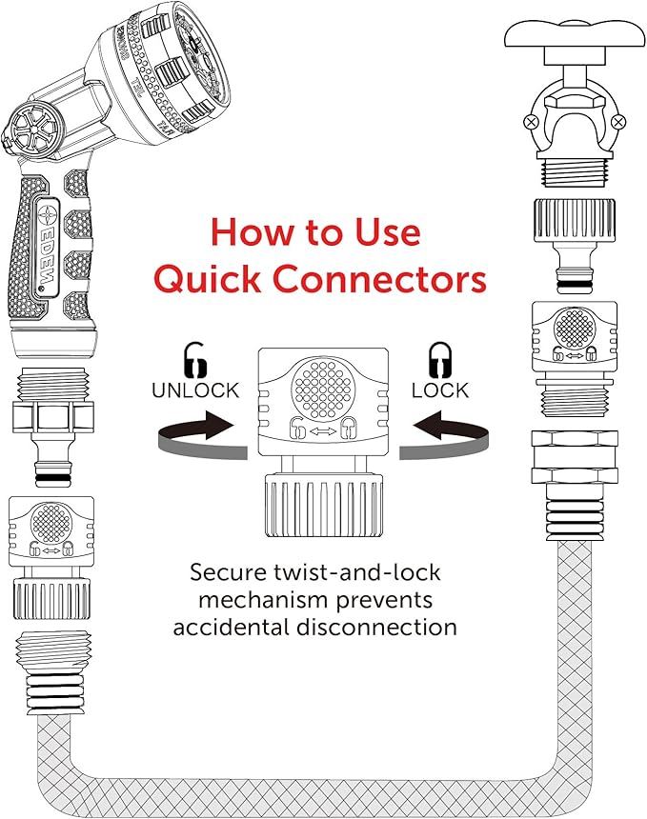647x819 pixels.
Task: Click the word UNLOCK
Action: pyautogui.click(x=195, y=390)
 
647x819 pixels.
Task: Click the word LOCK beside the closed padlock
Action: pyautogui.click(x=440, y=390)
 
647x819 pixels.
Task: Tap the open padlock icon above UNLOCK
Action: pyautogui.click(x=195, y=359)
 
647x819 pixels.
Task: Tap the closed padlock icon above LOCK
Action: pyautogui.click(x=440, y=359)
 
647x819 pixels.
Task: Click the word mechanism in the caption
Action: pyautogui.click(x=263, y=600)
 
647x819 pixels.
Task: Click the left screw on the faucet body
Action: pyautogui.click(x=530, y=122)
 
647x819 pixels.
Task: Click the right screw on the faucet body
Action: pyautogui.click(x=618, y=122)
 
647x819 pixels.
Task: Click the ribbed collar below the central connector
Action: pyautogui.click(x=324, y=505)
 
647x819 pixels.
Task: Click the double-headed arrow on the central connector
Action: pyautogui.click(x=324, y=430)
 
